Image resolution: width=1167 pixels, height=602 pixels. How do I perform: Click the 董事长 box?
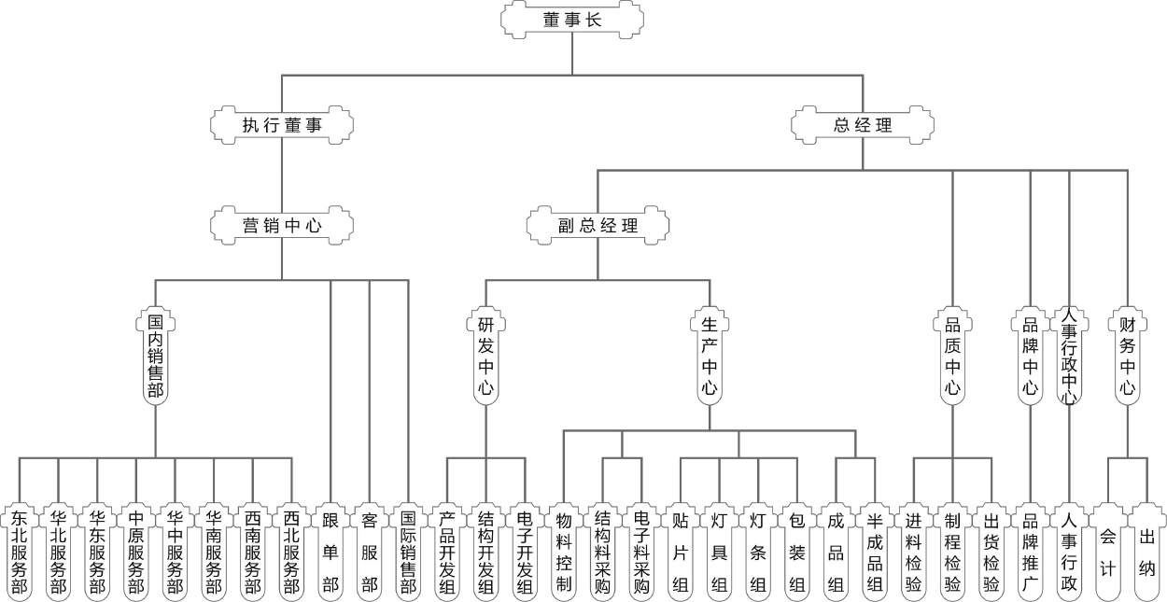[572, 19]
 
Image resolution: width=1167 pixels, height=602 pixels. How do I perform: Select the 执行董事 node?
[283, 124]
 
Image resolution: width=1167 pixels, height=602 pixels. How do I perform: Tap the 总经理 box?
[862, 124]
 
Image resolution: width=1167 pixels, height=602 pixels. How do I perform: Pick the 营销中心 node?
[283, 225]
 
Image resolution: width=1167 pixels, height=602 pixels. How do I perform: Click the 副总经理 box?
[598, 225]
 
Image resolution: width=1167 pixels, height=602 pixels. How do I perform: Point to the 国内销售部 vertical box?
[155, 357]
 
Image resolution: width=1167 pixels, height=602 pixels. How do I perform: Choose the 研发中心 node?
[485, 357]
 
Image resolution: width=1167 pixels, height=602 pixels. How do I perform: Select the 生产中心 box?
[710, 357]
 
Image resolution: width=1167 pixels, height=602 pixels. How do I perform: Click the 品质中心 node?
[952, 357]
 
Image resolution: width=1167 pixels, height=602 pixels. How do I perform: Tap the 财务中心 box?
[1127, 357]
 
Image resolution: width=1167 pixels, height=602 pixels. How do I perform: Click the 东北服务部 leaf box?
[20, 552]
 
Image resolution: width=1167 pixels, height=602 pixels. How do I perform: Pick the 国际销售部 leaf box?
[409, 552]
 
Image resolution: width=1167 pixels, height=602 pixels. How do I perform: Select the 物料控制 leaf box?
[564, 552]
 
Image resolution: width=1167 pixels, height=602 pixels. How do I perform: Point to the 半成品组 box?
[875, 552]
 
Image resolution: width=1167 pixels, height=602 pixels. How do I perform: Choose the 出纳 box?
[1147, 552]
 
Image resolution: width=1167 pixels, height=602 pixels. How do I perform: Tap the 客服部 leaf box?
[370, 552]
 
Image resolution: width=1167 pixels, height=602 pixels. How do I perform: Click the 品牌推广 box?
[1031, 552]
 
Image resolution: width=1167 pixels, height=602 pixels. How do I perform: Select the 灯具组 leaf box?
[719, 552]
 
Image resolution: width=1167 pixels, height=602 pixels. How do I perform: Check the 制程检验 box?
[952, 552]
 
